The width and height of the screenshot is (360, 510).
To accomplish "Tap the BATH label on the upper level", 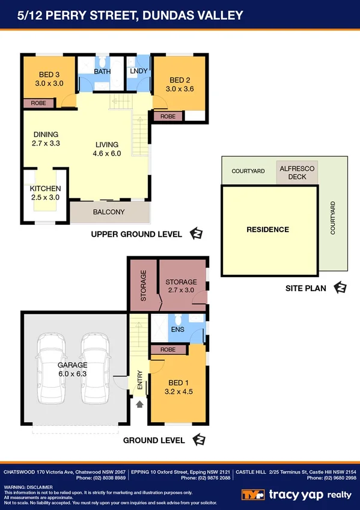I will click(102, 72).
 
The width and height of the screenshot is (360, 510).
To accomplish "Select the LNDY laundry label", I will click(139, 72).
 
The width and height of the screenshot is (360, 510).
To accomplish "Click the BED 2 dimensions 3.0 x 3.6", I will click(181, 89).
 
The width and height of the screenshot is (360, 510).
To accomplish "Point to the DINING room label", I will click(46, 135).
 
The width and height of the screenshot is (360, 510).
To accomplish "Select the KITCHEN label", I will click(46, 189).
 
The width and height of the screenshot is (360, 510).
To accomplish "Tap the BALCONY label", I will click(109, 212).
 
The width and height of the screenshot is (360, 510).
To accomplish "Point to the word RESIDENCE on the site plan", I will click(267, 229).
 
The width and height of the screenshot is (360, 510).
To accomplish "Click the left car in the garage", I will click(52, 369).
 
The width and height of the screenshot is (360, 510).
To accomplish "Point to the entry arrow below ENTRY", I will click(139, 404).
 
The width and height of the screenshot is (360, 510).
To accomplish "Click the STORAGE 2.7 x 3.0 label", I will click(181, 286).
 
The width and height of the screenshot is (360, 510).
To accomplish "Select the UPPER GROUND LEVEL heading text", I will click(136, 235).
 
